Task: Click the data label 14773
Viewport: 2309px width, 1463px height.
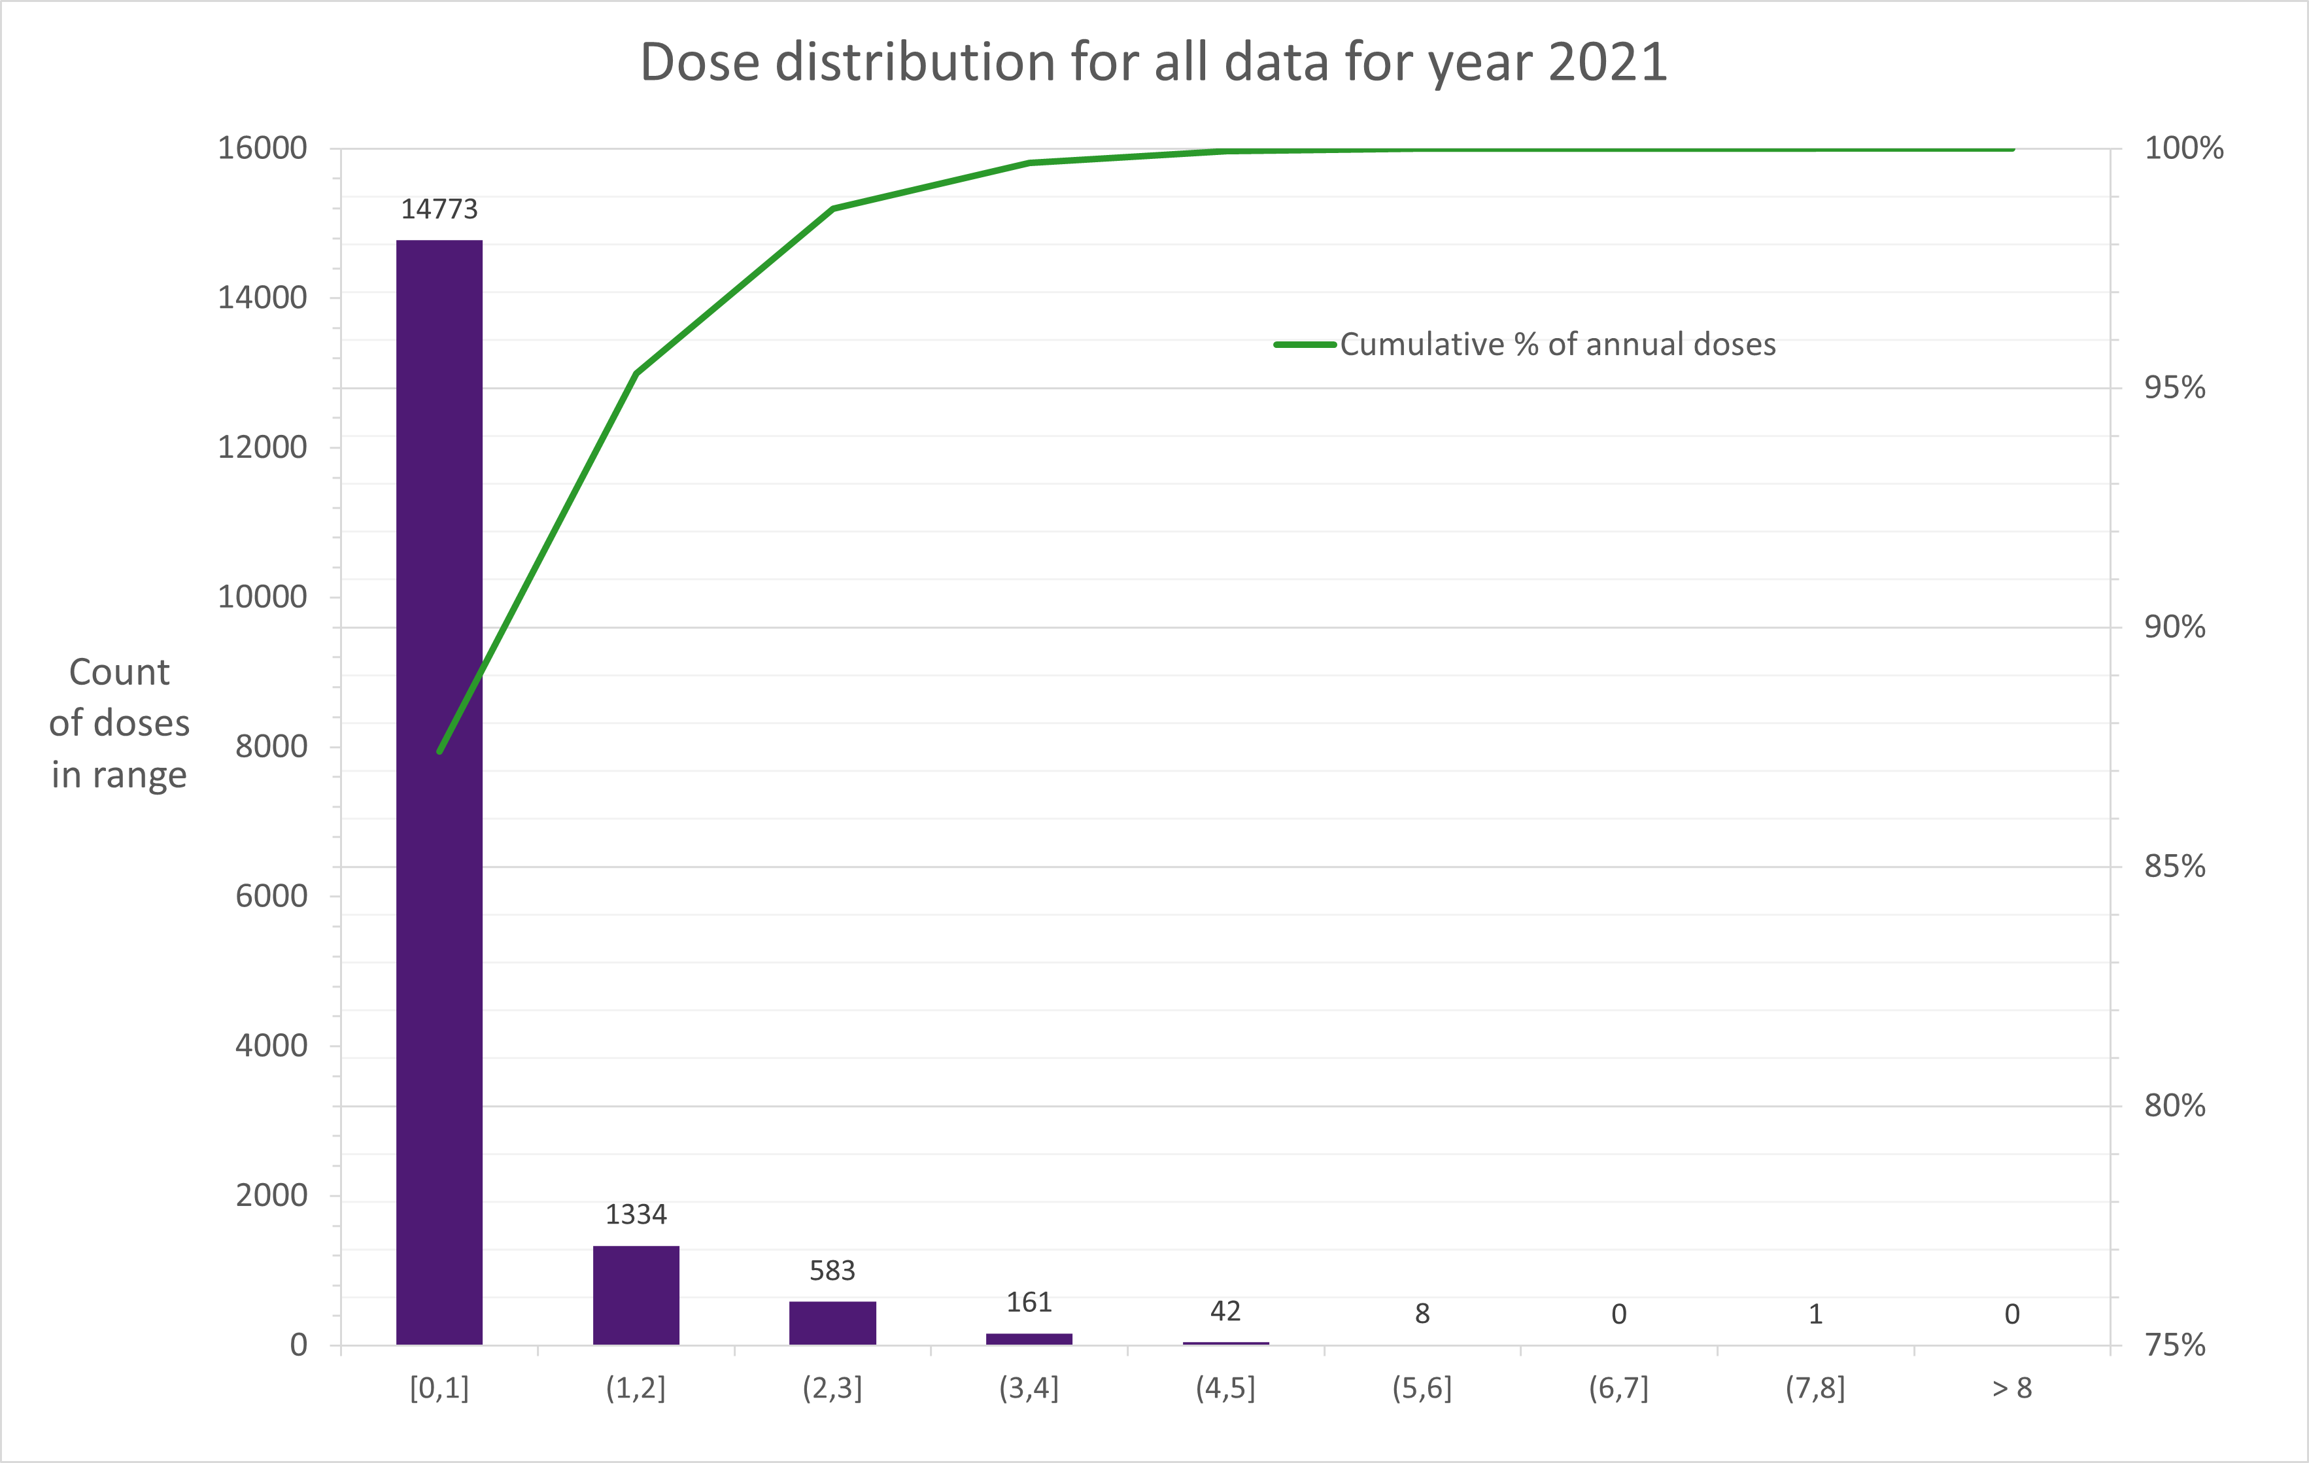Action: pos(439,209)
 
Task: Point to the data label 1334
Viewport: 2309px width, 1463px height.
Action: pos(636,1214)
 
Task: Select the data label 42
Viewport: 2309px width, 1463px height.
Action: pos(1225,1311)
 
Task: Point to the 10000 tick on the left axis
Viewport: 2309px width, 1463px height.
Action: pos(262,596)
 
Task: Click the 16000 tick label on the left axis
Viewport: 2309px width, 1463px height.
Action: pos(262,148)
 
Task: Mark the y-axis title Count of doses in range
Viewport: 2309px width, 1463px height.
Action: pos(120,723)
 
